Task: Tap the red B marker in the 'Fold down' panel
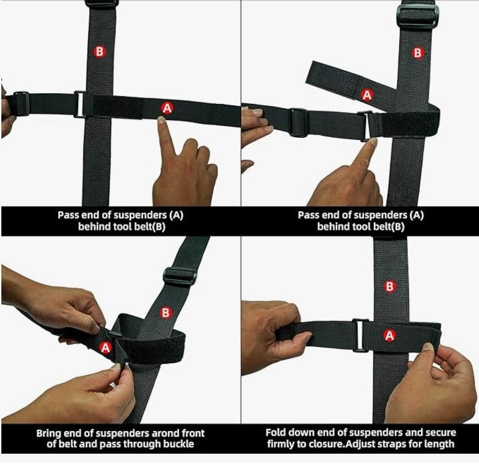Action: coord(391,286)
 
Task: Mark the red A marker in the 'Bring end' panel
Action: coord(105,346)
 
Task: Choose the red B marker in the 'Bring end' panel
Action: coord(167,312)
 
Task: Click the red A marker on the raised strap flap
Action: coord(366,95)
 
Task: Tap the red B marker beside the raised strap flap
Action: coord(418,52)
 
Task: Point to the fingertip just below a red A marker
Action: coord(162,121)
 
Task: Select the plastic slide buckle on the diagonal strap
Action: coord(179,275)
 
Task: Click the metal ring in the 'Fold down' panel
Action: coord(360,334)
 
